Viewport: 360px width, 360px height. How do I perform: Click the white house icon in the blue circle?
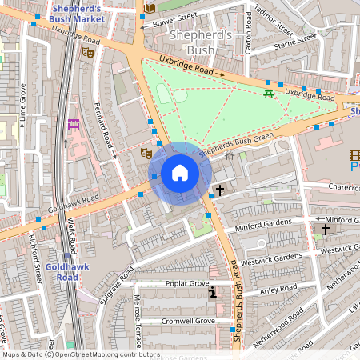[x=180, y=172]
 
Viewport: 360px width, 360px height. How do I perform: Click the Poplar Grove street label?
[x=186, y=284]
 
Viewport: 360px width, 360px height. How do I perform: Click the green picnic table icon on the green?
[x=269, y=94]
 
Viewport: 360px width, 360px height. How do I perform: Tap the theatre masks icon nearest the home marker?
[x=146, y=152]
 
